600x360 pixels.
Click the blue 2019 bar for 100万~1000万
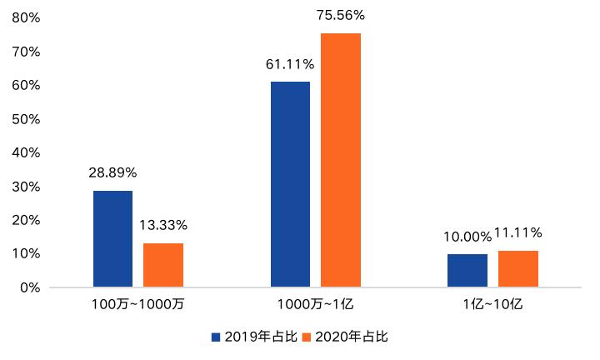click(x=112, y=239)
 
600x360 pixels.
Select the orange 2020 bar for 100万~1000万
click(x=163, y=265)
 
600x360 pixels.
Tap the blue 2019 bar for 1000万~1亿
click(x=290, y=184)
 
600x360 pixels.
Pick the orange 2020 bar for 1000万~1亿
click(x=341, y=160)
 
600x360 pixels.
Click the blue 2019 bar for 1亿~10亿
click(x=467, y=271)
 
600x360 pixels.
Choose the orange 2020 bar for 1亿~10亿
click(x=518, y=269)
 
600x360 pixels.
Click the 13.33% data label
click(x=163, y=224)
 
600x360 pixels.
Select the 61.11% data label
click(x=290, y=63)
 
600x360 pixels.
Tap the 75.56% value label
click(x=341, y=15)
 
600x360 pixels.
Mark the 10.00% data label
click(x=467, y=236)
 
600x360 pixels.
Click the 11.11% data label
click(x=519, y=232)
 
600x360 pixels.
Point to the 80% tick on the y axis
click(x=27, y=17)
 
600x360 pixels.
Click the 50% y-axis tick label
click(x=27, y=119)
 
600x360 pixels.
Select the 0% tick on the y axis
click(x=30, y=287)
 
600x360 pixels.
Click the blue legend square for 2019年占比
click(x=216, y=337)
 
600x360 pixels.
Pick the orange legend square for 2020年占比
click(x=306, y=337)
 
